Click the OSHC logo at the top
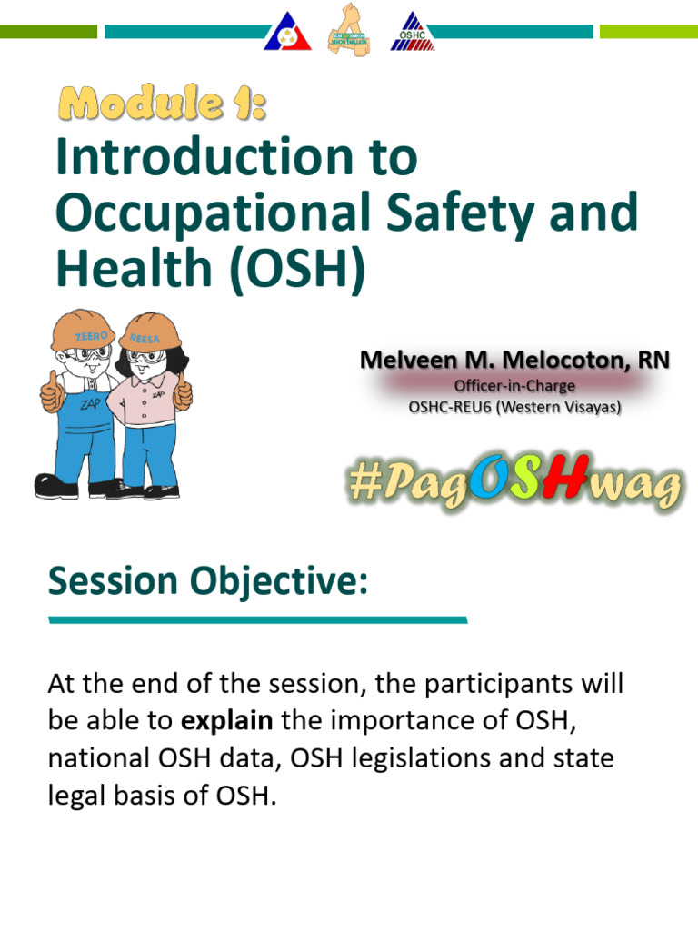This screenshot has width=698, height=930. click(x=413, y=31)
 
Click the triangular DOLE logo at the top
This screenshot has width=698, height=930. click(x=288, y=32)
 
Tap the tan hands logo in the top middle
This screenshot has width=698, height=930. click(x=350, y=30)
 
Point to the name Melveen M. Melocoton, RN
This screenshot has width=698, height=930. click(x=514, y=361)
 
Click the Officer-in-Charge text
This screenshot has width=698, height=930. click(x=514, y=386)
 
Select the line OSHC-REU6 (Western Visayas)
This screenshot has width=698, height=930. click(x=514, y=408)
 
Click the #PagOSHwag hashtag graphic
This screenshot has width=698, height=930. click(x=514, y=484)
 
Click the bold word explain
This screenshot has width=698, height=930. click(x=227, y=721)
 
